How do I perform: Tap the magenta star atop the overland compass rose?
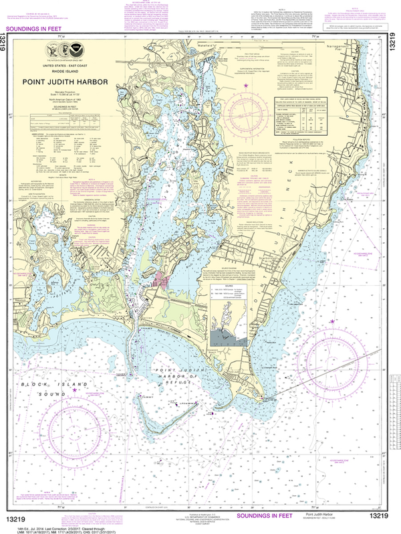(x=247, y=86)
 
